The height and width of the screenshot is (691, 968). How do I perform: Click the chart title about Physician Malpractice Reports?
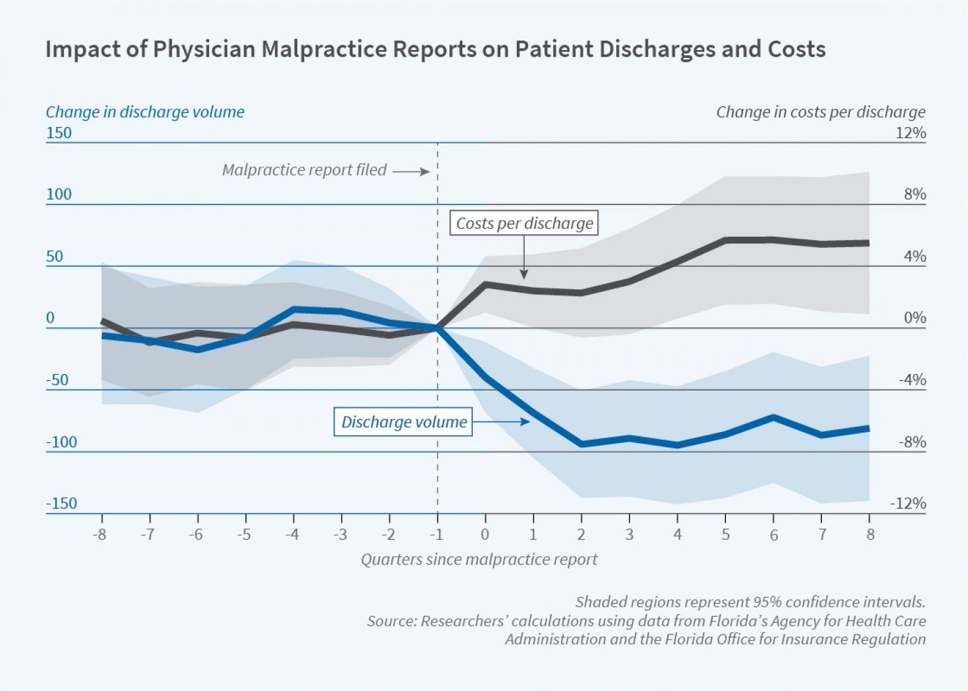coord(435,50)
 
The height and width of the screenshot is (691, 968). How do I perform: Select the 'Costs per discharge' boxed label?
coord(524,224)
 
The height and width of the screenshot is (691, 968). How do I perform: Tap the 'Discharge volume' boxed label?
coord(403,422)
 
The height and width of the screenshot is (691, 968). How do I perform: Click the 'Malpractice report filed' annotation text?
coord(304,170)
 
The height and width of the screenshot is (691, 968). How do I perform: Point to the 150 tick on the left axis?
coord(59,133)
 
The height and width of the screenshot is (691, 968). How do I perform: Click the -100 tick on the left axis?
coord(61,442)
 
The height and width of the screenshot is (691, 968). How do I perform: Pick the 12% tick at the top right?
coord(910,133)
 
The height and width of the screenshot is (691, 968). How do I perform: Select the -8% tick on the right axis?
coord(912,442)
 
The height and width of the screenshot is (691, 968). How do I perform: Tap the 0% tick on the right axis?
coord(915,318)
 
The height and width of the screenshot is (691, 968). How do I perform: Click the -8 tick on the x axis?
coord(99,535)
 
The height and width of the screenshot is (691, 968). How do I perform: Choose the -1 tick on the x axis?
coord(437,535)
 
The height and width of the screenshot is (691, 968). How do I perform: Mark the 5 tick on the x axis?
coord(725,535)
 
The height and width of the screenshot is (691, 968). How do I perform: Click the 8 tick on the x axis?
coord(870,535)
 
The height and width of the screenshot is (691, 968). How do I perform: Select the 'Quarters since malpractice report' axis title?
coord(479,560)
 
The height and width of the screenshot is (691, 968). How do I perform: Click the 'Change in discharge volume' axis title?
coord(145,112)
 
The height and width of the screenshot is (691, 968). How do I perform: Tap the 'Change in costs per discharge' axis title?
coord(820,112)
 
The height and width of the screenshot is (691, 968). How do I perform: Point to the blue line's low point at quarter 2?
coord(581,444)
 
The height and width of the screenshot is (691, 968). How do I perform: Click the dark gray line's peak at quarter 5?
coord(726,240)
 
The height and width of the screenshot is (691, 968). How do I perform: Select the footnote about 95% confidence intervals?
coord(750,602)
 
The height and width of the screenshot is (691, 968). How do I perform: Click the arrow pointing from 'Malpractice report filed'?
coord(411,172)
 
